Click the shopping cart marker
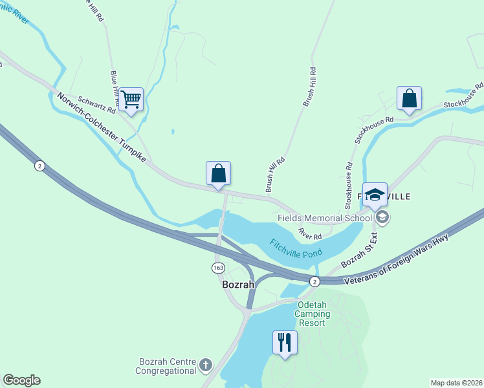point(131,100)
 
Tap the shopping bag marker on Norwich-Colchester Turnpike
point(218,173)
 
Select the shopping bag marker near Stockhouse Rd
point(409,99)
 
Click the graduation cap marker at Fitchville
point(375,195)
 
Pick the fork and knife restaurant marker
point(285,342)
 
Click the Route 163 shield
point(218,268)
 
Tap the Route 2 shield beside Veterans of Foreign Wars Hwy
point(314,281)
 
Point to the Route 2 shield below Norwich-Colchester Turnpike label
point(39,166)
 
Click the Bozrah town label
point(238,285)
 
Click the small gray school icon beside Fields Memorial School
point(382,217)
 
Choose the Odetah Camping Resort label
point(313,314)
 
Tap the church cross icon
point(206,365)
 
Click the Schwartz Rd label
point(96,105)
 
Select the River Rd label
point(310,233)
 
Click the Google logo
point(21,380)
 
